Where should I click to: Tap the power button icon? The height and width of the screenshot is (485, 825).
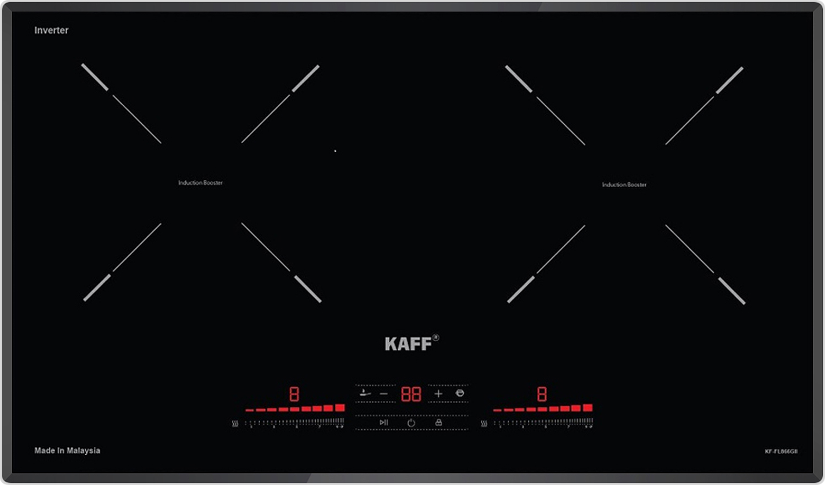[x=411, y=423]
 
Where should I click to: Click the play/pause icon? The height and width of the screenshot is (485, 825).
[x=384, y=422]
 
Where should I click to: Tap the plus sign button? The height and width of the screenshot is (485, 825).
[x=438, y=394]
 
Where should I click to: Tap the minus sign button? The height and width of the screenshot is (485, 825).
[x=384, y=394]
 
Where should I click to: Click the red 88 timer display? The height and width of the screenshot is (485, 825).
[x=411, y=394]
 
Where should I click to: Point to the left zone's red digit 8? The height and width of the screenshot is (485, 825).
[x=294, y=394]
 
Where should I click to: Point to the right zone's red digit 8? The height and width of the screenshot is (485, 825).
[x=542, y=394]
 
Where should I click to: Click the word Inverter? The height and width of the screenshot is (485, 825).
[x=51, y=30]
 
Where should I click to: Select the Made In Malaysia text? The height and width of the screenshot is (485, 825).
[x=67, y=450]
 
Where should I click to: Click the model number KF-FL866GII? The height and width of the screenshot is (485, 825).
[x=781, y=451]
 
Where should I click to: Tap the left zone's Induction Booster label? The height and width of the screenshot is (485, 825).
[x=200, y=183]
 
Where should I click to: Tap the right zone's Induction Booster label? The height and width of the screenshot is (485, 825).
[x=624, y=185]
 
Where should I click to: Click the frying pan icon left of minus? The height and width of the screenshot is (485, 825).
[x=365, y=393]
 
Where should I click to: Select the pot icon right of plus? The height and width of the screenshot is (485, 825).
[x=460, y=393]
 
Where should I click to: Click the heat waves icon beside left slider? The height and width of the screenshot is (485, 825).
[x=235, y=423]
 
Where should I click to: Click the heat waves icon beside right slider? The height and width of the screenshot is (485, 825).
[x=484, y=423]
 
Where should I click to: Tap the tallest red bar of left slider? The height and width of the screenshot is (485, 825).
[x=340, y=408]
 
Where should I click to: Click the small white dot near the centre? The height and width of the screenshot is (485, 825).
[x=335, y=151]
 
